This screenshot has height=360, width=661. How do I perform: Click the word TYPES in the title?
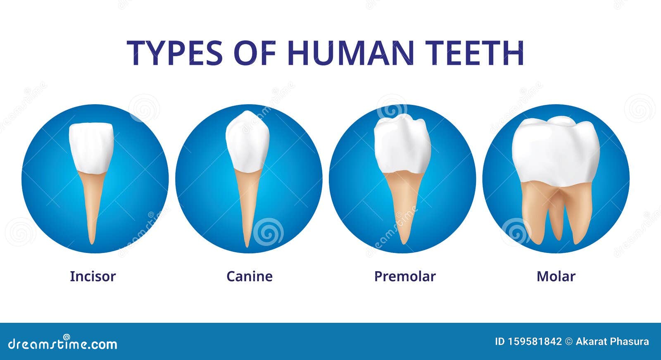pyautogui.click(x=175, y=53)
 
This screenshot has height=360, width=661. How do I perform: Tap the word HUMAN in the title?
pyautogui.click(x=351, y=53)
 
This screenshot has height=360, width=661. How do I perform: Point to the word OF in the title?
pyautogui.click(x=254, y=53)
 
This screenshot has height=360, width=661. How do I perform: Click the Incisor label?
pyautogui.click(x=93, y=276)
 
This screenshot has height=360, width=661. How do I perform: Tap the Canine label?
pyautogui.click(x=249, y=276)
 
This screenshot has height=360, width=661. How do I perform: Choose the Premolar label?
pyautogui.click(x=404, y=276)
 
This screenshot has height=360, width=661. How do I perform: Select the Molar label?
pyautogui.click(x=556, y=276)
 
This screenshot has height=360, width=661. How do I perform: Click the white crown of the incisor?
pyautogui.click(x=91, y=147)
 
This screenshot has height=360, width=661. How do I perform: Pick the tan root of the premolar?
pyautogui.click(x=403, y=203)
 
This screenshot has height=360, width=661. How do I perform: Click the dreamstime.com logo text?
pyautogui.click(x=63, y=343)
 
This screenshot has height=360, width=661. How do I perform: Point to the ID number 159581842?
pyautogui.click(x=535, y=341)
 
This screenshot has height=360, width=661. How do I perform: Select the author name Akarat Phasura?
pyautogui.click(x=612, y=341)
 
